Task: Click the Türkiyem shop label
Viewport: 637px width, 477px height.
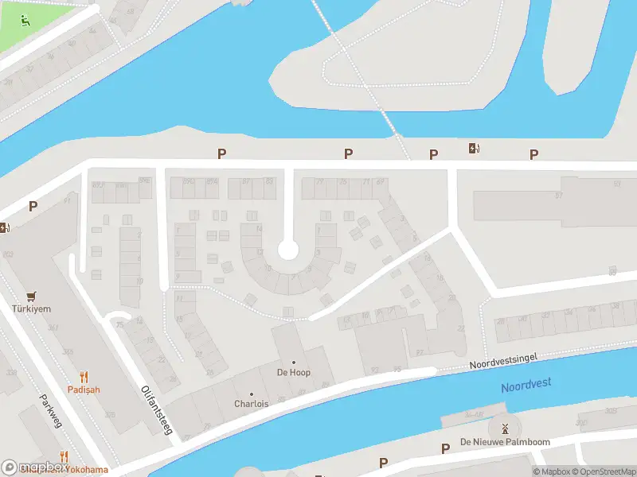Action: [32, 309]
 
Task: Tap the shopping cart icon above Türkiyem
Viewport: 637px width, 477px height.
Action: [32, 295]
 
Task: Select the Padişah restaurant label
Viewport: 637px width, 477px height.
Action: [84, 390]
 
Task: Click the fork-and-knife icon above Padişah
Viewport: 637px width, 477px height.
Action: [84, 376]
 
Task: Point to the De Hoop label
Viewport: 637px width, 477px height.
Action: [293, 372]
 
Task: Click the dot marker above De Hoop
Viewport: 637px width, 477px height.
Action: [293, 363]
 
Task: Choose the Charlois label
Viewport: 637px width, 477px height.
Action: [251, 404]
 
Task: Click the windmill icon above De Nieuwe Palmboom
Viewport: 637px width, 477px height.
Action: [502, 429]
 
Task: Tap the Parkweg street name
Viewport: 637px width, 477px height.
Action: [50, 410]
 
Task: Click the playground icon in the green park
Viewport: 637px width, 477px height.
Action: [25, 21]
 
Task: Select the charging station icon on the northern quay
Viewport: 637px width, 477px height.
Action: [474, 148]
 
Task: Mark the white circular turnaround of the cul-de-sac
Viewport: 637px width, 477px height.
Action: [287, 251]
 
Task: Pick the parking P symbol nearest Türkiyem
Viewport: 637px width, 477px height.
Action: [33, 206]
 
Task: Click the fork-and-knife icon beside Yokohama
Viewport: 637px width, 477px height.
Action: [64, 457]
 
